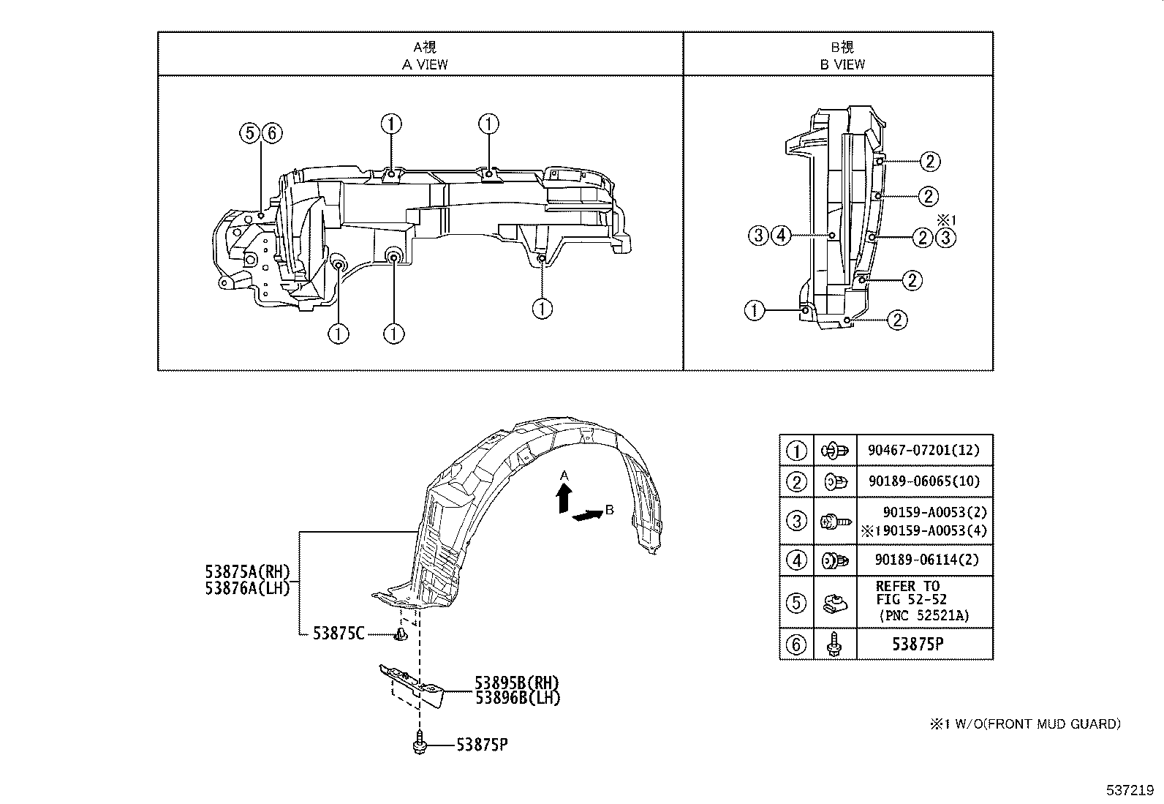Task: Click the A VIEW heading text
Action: pos(425,64)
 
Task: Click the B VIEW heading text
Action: pos(842,64)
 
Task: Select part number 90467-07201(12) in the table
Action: pos(923,450)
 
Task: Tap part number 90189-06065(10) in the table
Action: pos(923,481)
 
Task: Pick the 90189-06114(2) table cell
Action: pos(923,560)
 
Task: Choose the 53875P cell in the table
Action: pos(923,645)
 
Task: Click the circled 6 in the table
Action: pos(796,645)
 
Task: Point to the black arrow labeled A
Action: pos(563,500)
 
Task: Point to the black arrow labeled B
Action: pos(586,516)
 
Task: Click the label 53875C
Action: pos(339,634)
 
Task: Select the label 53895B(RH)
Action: pos(518,683)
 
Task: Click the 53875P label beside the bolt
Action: pos(482,745)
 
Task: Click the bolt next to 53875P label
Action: pos(420,742)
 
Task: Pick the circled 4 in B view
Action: pos(781,235)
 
